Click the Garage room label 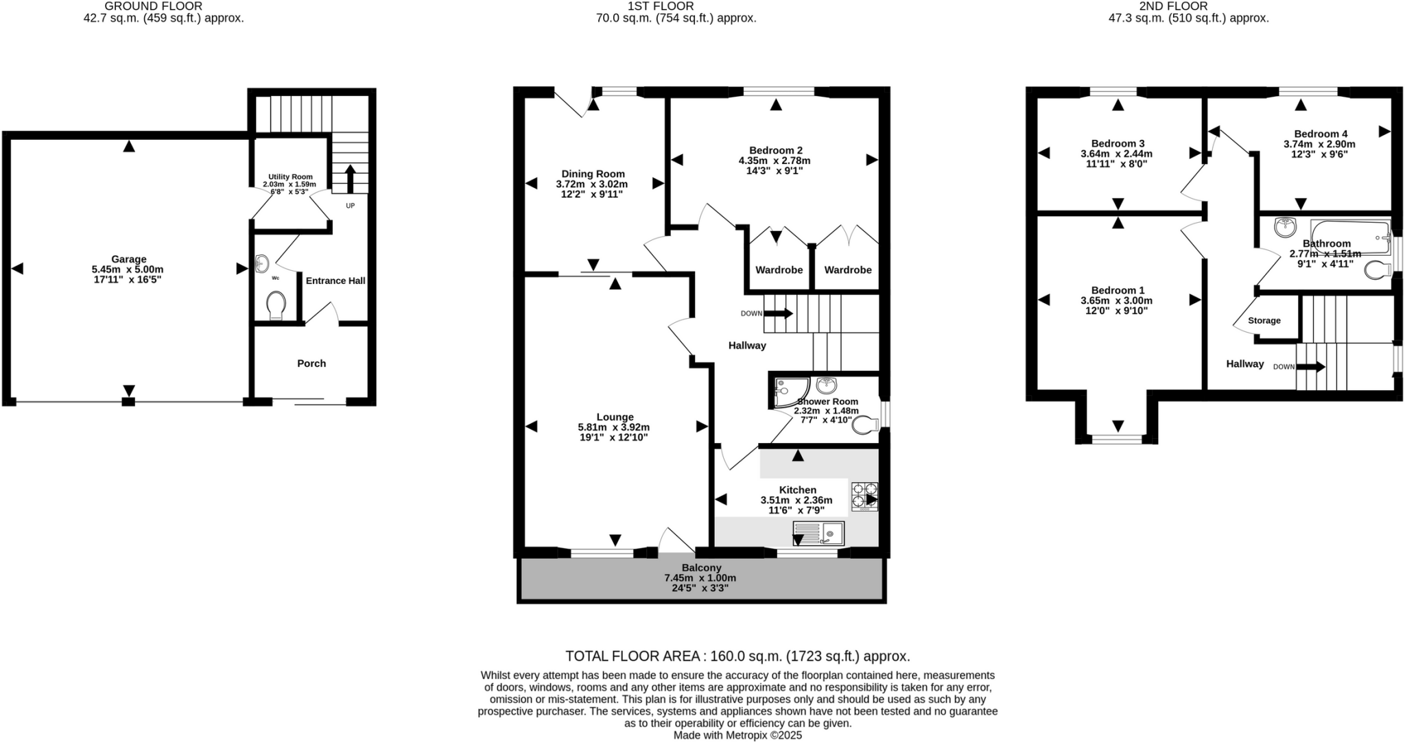(x=129, y=259)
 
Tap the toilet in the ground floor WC (x=276, y=305)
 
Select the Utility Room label (x=290, y=177)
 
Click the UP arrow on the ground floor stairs (x=350, y=179)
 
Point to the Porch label (x=311, y=363)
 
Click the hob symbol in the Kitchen (x=864, y=497)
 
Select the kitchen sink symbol (x=818, y=533)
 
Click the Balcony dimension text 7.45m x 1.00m (x=700, y=578)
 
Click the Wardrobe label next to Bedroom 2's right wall (x=848, y=270)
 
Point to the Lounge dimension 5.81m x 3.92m (x=613, y=427)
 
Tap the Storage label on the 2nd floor (x=1264, y=320)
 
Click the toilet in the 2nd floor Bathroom (x=1376, y=271)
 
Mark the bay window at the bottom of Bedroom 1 (x=1118, y=438)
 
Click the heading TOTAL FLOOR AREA (x=631, y=656)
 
